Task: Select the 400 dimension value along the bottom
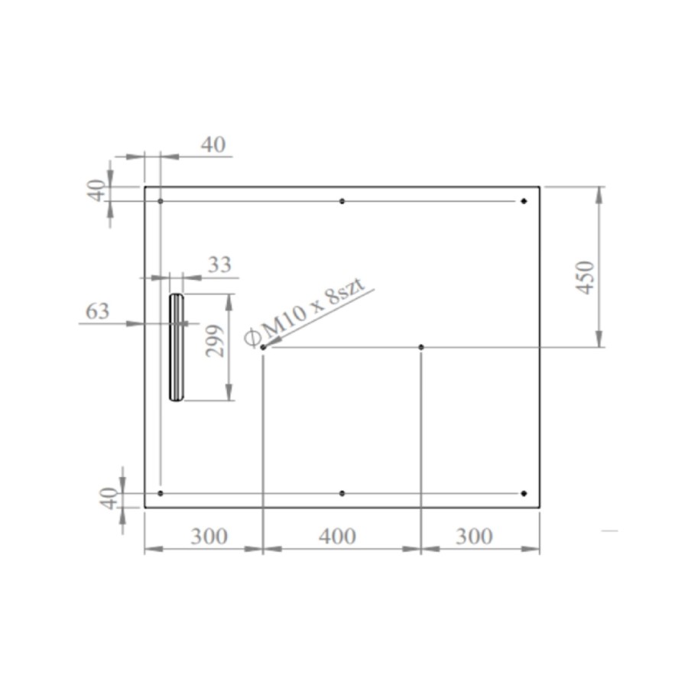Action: click(337, 537)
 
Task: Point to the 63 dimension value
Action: click(97, 311)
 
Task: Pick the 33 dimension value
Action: click(219, 265)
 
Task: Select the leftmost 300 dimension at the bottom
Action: click(209, 537)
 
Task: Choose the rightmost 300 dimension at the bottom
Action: click(474, 537)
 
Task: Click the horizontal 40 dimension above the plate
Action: click(213, 144)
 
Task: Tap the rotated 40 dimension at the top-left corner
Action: click(97, 190)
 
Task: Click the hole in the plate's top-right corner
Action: click(524, 201)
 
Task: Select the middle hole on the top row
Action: click(342, 201)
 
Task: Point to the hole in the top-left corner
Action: click(161, 201)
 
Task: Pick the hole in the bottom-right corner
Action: click(524, 493)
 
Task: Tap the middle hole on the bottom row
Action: click(342, 493)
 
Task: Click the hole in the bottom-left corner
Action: click(161, 493)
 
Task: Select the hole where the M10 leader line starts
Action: click(263, 347)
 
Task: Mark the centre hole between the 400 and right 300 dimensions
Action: click(421, 347)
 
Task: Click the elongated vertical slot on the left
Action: click(177, 347)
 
